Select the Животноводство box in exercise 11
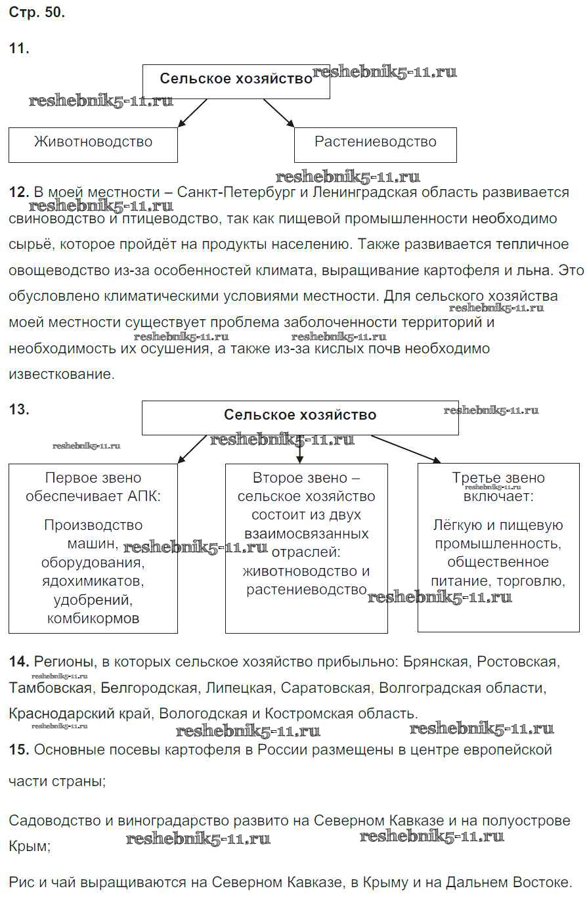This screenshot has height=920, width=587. click(93, 144)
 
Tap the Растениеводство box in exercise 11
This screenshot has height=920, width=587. click(375, 144)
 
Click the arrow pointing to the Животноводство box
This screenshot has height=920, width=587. click(192, 112)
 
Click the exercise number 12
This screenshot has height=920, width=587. click(19, 192)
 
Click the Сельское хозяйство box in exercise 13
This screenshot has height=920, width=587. click(300, 418)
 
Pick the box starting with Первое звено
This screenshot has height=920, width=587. click(93, 548)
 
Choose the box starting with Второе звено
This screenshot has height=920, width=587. click(306, 548)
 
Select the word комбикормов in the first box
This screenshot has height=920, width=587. click(93, 619)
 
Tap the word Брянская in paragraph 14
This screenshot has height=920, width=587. click(437, 662)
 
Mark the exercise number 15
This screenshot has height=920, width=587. click(19, 750)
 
